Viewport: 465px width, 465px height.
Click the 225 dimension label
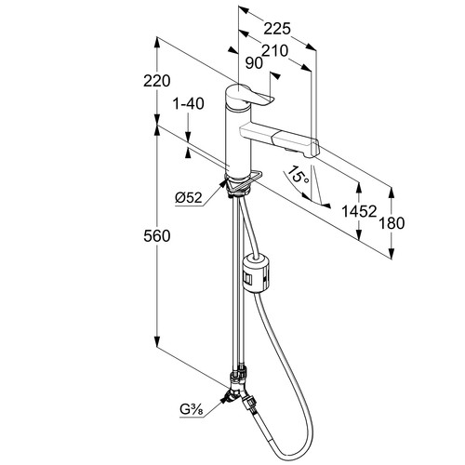point(277,29)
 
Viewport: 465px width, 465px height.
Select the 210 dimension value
point(275,50)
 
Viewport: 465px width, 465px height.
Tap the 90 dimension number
point(254,63)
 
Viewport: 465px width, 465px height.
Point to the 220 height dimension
point(157,81)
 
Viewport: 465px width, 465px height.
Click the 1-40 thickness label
point(189,103)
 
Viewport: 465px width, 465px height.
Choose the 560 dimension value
point(157,236)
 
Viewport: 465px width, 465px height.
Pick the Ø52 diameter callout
point(189,197)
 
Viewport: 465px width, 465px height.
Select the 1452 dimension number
point(359,211)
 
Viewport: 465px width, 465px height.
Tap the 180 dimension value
point(392,223)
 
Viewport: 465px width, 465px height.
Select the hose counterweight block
point(258,272)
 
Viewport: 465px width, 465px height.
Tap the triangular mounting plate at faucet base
point(244,182)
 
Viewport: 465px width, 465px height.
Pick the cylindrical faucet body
point(237,141)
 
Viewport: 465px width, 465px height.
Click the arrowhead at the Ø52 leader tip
point(222,184)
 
